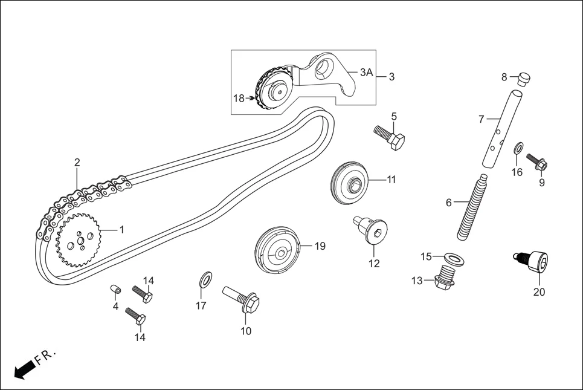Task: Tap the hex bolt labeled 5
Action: click(x=390, y=138)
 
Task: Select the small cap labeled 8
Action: click(x=523, y=78)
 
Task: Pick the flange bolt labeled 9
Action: click(x=537, y=161)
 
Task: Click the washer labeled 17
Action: click(x=205, y=279)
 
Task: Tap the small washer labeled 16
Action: click(x=518, y=149)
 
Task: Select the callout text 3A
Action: click(x=366, y=73)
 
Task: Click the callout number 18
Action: click(x=239, y=98)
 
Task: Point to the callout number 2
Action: click(x=77, y=162)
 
